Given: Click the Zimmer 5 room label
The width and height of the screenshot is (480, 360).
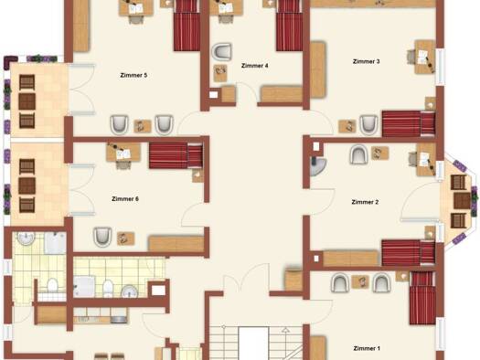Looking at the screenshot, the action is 133,75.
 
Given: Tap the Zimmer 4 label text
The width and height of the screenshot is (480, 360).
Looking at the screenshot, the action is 255,66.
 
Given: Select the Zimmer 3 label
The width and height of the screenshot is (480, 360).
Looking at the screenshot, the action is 366,61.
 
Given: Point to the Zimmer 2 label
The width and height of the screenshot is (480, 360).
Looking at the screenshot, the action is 365,202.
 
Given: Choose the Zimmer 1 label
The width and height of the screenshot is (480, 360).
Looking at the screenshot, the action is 367,348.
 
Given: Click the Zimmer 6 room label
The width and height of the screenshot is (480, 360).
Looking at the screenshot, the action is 125,199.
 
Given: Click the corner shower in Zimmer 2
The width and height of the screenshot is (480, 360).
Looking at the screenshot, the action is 317,166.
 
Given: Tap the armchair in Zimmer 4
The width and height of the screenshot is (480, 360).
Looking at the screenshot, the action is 221,51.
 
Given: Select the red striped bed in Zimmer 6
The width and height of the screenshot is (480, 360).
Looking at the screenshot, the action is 176,155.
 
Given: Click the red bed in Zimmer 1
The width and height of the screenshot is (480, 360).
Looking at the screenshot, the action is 422,298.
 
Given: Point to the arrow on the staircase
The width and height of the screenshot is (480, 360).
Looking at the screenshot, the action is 285,330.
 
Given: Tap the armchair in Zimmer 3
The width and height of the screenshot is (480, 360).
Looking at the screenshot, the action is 368,125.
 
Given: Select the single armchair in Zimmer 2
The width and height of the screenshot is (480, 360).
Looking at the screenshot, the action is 358,154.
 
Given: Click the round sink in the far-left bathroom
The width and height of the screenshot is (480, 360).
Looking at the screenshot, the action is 27,238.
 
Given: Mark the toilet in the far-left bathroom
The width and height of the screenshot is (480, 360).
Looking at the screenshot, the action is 53,285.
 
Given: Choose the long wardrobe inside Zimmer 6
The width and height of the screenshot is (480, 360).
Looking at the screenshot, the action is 176,243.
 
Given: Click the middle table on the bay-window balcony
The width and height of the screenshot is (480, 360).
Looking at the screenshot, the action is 462,200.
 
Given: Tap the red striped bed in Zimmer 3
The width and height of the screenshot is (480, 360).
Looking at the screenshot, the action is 409,123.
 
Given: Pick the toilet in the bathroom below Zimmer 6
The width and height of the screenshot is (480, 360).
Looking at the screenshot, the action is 108,289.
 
